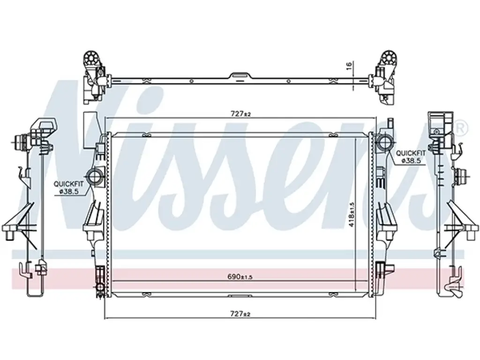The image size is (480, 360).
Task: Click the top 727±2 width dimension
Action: pos(240,114)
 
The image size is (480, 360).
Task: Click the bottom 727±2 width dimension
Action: pos(240,314)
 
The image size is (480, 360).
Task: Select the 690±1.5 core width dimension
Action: pos(240,277)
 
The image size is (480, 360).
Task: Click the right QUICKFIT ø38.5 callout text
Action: pos(411,157)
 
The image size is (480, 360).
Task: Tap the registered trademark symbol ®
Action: pos(462,128)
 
